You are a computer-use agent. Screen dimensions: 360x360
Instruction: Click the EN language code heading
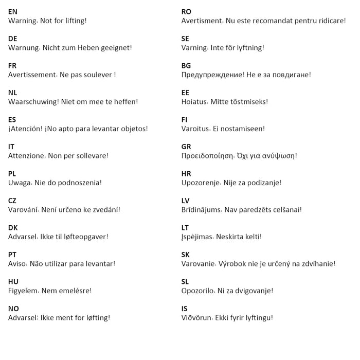pyautogui.click(x=12, y=11)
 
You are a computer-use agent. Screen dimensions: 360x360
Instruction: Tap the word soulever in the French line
pyautogui.click(x=97, y=75)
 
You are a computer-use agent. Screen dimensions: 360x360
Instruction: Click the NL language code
pyautogui.click(x=12, y=93)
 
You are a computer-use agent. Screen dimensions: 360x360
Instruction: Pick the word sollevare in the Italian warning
pyautogui.click(x=92, y=155)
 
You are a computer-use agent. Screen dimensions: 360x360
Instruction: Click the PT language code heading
pyautogui.click(x=12, y=255)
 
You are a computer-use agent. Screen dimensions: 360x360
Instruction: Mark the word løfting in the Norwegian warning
pyautogui.click(x=96, y=317)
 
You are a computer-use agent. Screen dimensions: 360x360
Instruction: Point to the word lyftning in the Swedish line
pyautogui.click(x=246, y=47)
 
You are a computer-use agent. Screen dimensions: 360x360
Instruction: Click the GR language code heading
pyautogui.click(x=186, y=147)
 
